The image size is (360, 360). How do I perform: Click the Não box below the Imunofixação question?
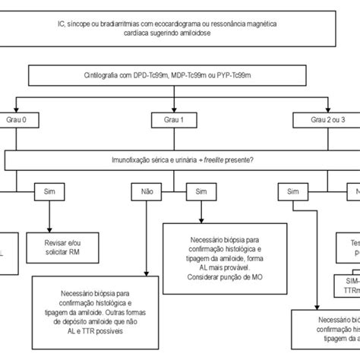click(148, 192)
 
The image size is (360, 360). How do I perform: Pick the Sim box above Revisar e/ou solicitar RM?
click(51, 192)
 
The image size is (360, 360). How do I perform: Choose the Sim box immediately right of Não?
click(201, 192)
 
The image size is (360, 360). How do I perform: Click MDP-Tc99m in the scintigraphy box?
click(191, 75)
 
